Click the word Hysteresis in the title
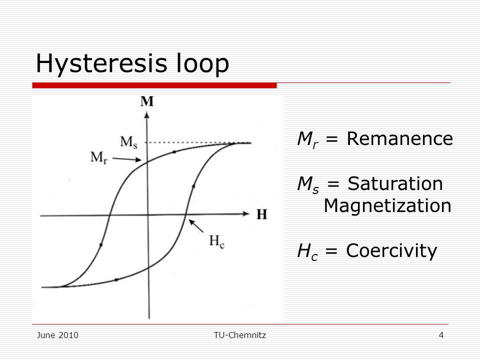[x=101, y=64]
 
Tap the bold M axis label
[x=147, y=101]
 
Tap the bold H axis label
[x=261, y=214]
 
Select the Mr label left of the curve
[x=99, y=157]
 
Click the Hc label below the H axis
[x=216, y=241]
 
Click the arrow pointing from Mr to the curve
[x=126, y=159]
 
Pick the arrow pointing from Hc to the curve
[x=196, y=226]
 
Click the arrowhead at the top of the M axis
[x=147, y=115]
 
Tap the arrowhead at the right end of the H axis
[x=246, y=213]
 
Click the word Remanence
[x=399, y=138]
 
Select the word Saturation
[x=395, y=183]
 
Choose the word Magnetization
[x=387, y=205]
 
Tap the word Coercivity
[x=391, y=251]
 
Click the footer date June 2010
[x=57, y=335]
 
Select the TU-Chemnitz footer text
[x=240, y=335]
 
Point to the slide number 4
[x=441, y=335]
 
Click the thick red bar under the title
[x=154, y=85]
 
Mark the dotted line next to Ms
[x=190, y=142]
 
